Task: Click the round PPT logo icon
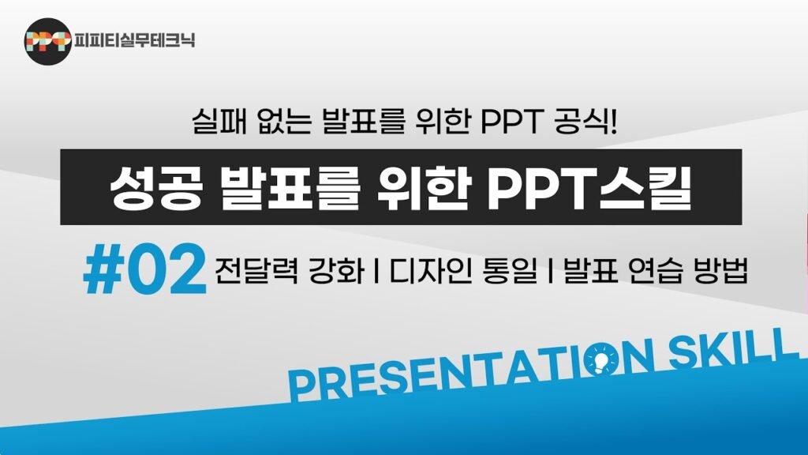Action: pyautogui.click(x=47, y=40)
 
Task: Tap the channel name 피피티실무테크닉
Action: pyautogui.click(x=134, y=40)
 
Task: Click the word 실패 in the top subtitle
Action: pyautogui.click(x=216, y=124)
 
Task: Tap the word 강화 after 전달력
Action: pyautogui.click(x=336, y=271)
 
